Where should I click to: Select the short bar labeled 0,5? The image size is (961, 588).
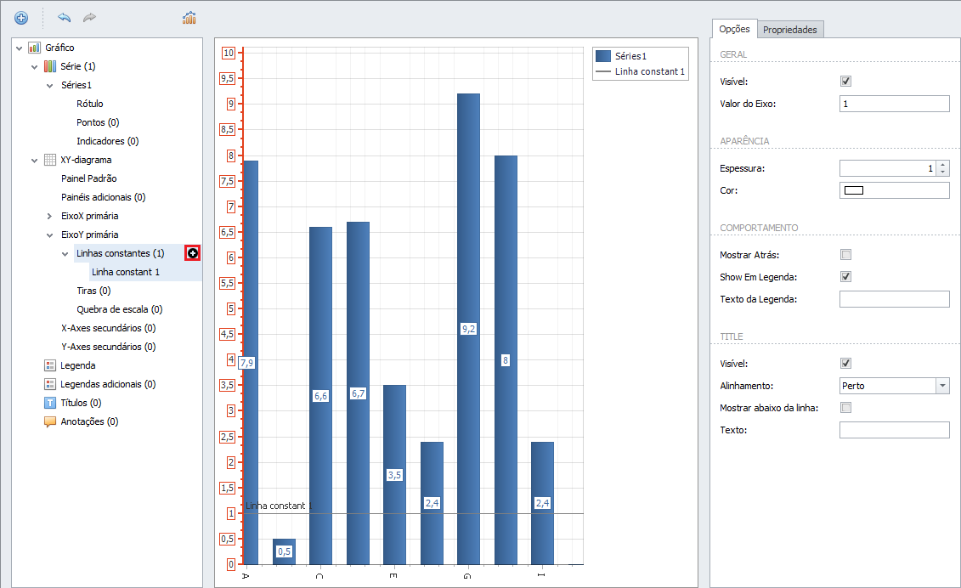click(x=284, y=551)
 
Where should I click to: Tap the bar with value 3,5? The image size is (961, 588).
click(x=395, y=475)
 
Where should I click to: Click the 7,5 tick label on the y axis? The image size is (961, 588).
click(x=228, y=181)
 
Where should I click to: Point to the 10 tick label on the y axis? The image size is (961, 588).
click(x=229, y=53)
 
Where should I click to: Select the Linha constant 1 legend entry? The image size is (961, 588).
click(x=641, y=71)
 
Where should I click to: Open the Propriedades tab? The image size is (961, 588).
click(x=790, y=30)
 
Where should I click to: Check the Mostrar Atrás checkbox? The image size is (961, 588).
click(x=845, y=254)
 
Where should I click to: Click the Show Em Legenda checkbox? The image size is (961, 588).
click(x=845, y=276)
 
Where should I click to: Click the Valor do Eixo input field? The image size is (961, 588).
click(x=894, y=104)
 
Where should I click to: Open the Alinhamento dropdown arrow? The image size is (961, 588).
click(x=942, y=386)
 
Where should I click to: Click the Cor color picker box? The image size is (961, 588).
click(x=894, y=190)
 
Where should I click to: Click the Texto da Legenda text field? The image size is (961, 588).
click(x=894, y=299)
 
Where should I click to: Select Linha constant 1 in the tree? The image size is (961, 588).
click(x=126, y=272)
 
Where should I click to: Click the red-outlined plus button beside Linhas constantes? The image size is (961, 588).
click(x=192, y=253)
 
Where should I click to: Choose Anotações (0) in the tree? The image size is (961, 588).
click(x=89, y=421)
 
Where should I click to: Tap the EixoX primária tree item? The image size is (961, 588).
click(x=89, y=216)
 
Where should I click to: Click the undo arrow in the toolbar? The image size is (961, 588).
click(x=65, y=17)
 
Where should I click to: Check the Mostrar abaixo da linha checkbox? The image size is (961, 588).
click(x=845, y=408)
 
